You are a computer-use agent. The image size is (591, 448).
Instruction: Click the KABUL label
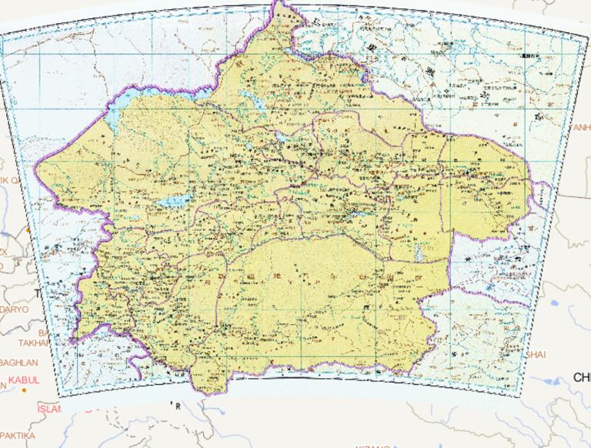24,379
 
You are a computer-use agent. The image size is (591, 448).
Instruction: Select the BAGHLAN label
18,362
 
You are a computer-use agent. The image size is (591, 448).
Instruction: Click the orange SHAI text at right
536,354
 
